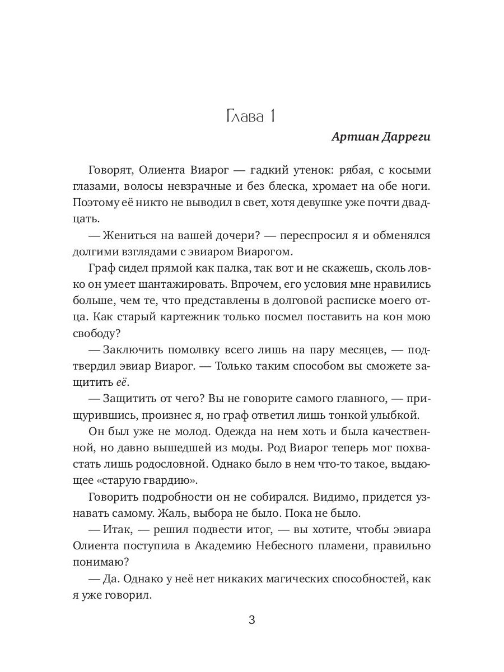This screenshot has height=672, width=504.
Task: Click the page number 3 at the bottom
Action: pos(252,620)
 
